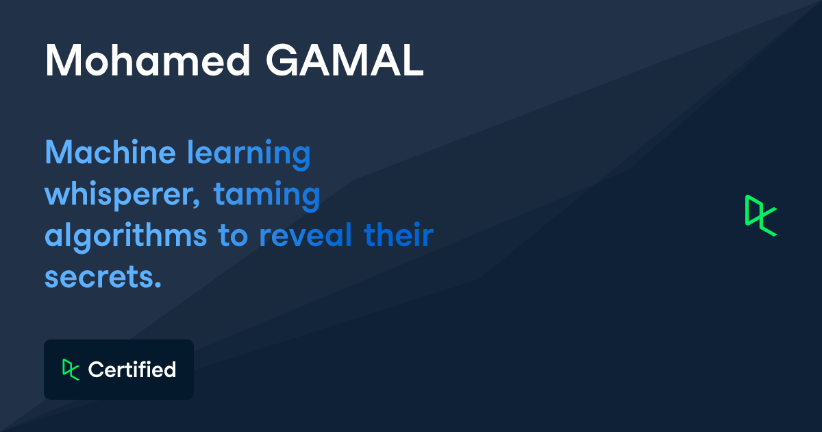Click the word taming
tap(266, 196)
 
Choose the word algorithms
tap(126, 237)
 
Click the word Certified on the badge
tap(132, 370)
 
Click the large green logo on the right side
tap(760, 216)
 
